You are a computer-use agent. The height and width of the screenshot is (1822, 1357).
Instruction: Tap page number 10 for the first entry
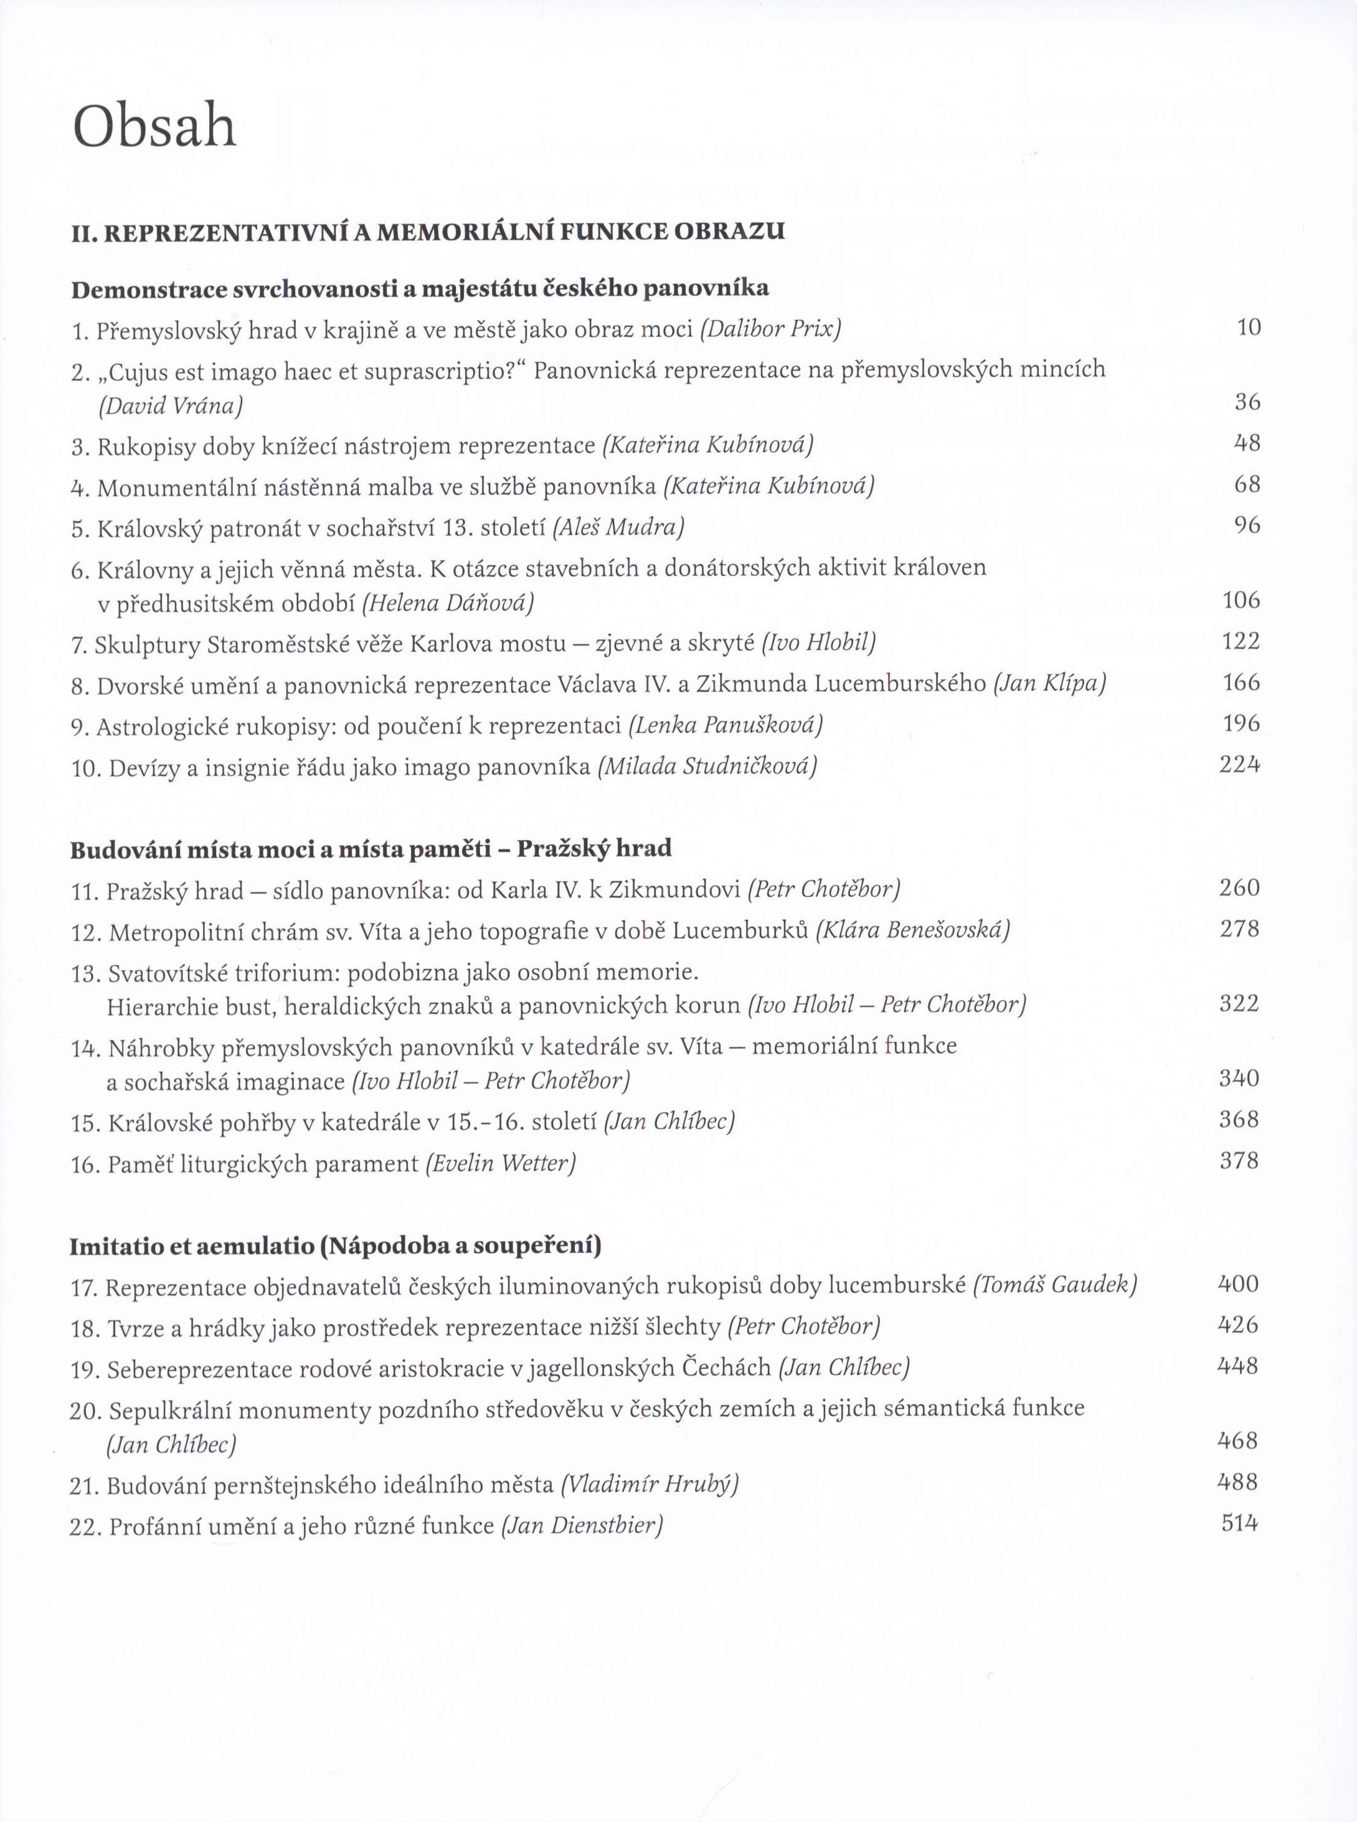pyautogui.click(x=1248, y=328)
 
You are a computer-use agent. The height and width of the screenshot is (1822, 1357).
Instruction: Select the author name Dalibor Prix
pyautogui.click(x=770, y=329)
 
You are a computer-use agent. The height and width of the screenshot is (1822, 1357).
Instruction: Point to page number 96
pyautogui.click(x=1247, y=526)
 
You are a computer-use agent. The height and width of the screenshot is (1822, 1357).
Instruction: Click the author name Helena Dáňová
pyautogui.click(x=448, y=603)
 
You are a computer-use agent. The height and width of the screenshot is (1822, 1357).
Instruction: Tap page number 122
pyautogui.click(x=1241, y=641)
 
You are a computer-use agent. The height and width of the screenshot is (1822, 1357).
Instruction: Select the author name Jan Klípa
pyautogui.click(x=1049, y=684)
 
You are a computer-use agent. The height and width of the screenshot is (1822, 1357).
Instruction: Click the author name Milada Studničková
pyautogui.click(x=707, y=767)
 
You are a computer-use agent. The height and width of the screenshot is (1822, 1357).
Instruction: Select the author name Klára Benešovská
pyautogui.click(x=912, y=930)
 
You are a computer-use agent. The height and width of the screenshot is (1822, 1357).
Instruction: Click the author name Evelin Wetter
pyautogui.click(x=500, y=1163)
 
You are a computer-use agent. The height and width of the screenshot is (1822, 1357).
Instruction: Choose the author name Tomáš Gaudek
pyautogui.click(x=1055, y=1284)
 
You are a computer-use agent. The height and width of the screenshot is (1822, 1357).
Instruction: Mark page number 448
pyautogui.click(x=1238, y=1366)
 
